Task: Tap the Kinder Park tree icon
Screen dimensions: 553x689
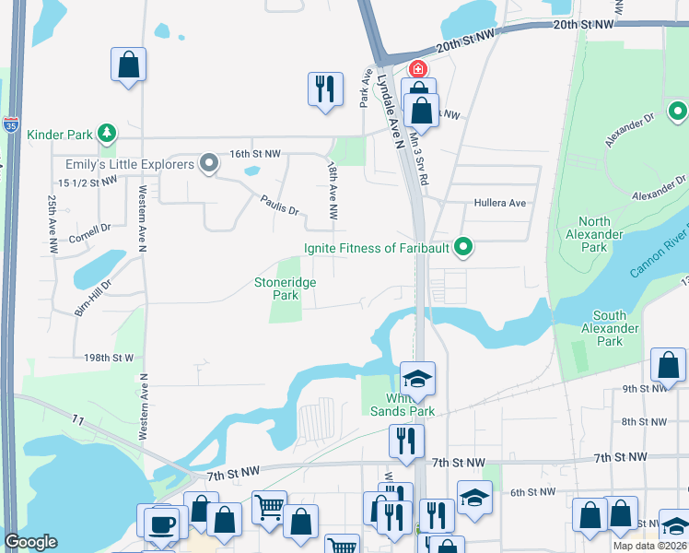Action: pos(107,134)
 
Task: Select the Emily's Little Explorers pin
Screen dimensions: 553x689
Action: pos(209,164)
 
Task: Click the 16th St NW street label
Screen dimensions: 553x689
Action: pos(253,153)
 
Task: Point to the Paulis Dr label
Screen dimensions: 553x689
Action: pos(279,204)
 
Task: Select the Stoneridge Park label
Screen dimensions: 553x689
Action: pos(286,288)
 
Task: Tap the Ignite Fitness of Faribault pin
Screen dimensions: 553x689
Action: pos(465,247)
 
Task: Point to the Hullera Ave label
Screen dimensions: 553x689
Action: pos(499,203)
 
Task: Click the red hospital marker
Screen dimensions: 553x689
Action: pos(418,69)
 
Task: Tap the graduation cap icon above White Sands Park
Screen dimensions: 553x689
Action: pos(417,379)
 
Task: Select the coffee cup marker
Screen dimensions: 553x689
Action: pos(163,524)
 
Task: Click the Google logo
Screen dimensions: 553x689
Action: pos(30,541)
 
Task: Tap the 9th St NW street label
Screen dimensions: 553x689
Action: pos(643,388)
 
